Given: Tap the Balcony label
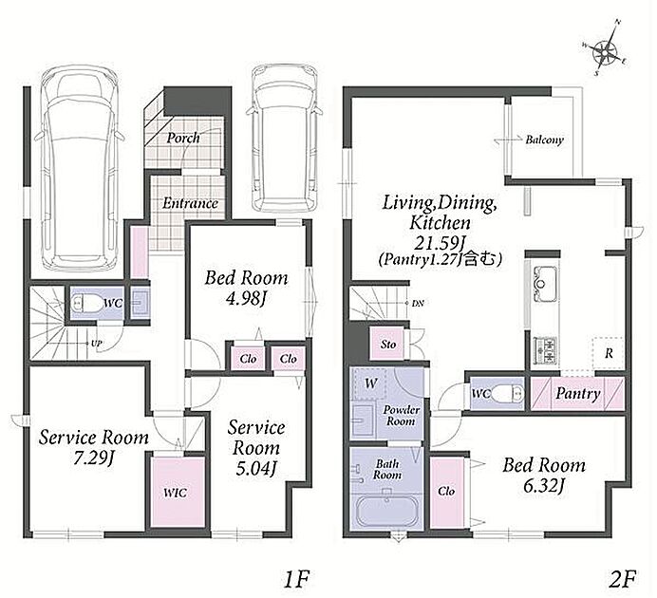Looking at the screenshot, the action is pyautogui.click(x=544, y=140).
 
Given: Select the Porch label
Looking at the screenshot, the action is pyautogui.click(x=183, y=138).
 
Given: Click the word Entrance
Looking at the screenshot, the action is pyautogui.click(x=190, y=203).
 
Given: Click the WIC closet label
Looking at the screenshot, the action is pyautogui.click(x=175, y=493).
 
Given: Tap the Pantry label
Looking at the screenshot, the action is pyautogui.click(x=578, y=394).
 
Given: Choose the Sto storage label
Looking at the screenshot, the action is pyautogui.click(x=388, y=345).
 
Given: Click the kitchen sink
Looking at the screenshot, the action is pyautogui.click(x=545, y=284).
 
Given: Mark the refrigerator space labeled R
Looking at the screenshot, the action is pyautogui.click(x=609, y=353).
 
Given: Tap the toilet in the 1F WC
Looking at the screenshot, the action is pyautogui.click(x=85, y=303).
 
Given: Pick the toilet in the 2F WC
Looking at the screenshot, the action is pyautogui.click(x=508, y=394).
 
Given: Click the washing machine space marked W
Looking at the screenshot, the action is pyautogui.click(x=370, y=383).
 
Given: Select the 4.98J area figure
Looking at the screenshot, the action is pyautogui.click(x=247, y=299).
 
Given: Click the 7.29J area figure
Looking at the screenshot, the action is pyautogui.click(x=93, y=458).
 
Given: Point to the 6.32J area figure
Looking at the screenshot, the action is pyautogui.click(x=544, y=486).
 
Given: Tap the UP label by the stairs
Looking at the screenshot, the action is pyautogui.click(x=97, y=344).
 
